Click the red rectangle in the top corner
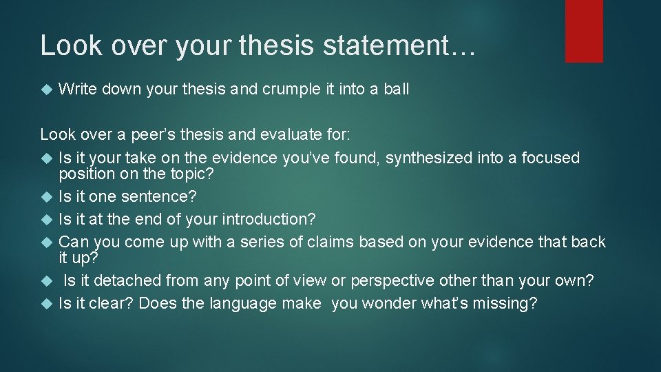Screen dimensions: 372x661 [584, 31]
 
